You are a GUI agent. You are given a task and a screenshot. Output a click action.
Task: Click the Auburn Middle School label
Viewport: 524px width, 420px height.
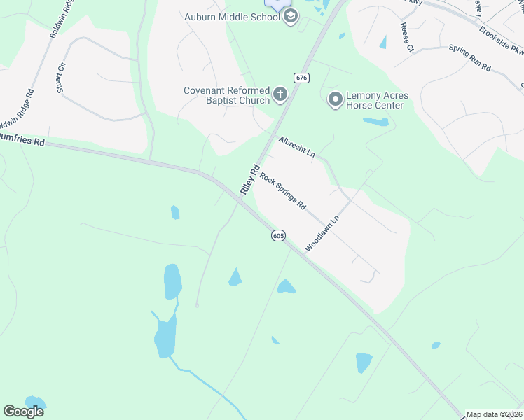pos(233,16)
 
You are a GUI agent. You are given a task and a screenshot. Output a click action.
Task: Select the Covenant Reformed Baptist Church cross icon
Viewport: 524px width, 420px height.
pos(280,95)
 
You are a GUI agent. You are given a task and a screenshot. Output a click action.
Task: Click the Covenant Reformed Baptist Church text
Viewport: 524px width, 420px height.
pos(226,95)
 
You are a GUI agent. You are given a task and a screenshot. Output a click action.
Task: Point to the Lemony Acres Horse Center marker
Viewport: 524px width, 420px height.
pos(335,100)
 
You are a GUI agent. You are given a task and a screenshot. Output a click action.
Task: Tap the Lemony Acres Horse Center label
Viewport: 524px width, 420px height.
pos(375,100)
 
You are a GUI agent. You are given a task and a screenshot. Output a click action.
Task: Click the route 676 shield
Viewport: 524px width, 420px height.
pos(302,78)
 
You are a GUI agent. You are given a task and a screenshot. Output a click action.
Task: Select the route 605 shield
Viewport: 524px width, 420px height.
pos(278,236)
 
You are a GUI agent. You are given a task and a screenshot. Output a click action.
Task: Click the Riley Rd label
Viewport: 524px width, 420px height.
pos(250,179)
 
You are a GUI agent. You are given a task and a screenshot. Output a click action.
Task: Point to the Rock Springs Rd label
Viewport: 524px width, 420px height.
pos(283,192)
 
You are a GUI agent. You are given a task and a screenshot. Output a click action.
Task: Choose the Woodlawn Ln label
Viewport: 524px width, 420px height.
pos(322,234)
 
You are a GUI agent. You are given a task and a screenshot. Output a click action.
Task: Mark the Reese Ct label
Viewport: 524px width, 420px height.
pos(406,38)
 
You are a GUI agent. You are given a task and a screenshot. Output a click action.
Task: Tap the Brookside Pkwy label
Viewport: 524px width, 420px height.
pos(502,41)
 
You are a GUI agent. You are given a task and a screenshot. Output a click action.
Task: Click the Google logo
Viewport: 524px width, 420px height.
pos(23,412)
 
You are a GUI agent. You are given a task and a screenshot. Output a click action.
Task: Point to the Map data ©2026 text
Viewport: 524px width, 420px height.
pos(495,414)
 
